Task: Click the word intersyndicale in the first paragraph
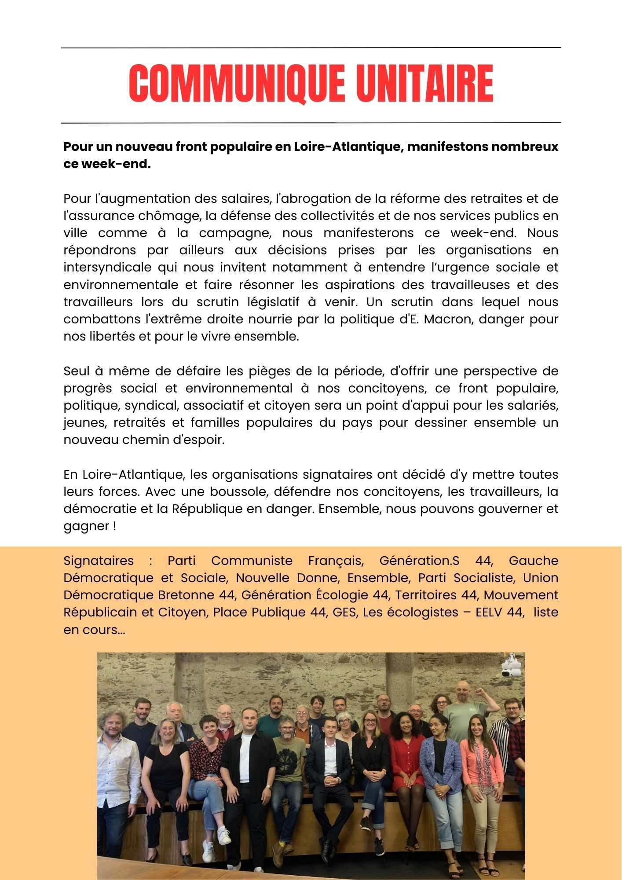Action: (108, 268)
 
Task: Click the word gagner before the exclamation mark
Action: (86, 526)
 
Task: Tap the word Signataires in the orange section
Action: (99, 561)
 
